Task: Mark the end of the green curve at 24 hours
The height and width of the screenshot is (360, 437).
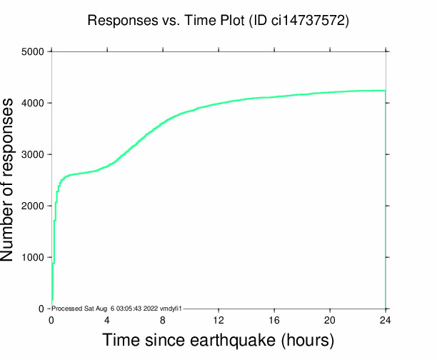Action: [386, 91]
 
